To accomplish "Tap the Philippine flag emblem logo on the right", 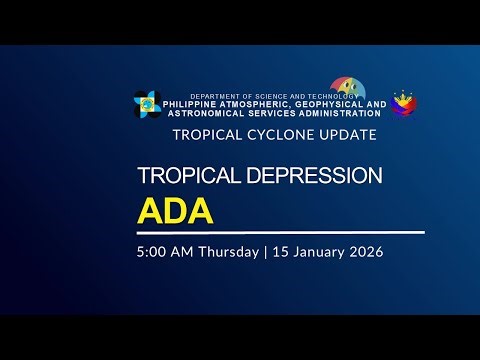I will click(x=404, y=103).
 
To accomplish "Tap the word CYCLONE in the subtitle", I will click(x=269, y=133).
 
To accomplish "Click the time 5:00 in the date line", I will click(x=153, y=252).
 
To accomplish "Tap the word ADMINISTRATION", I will click(x=331, y=113).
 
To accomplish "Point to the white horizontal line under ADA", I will click(x=280, y=232).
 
